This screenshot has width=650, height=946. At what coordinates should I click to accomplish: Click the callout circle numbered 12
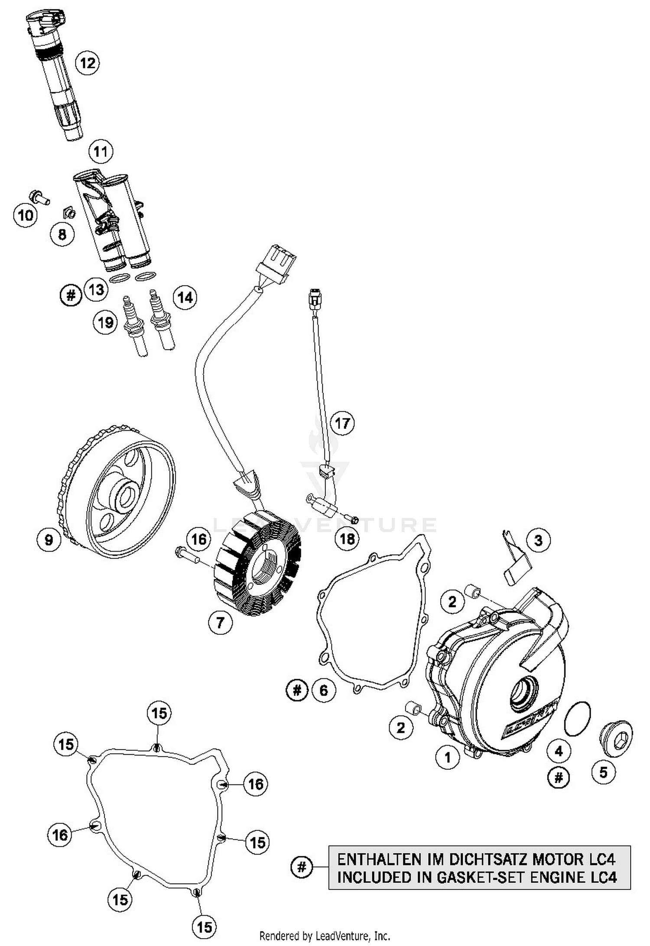pyautogui.click(x=87, y=63)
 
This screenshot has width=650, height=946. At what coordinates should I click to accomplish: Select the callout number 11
pyautogui.click(x=101, y=152)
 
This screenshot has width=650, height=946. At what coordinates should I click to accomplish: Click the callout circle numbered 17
pyautogui.click(x=342, y=423)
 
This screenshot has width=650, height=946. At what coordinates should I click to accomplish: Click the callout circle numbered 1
pyautogui.click(x=447, y=757)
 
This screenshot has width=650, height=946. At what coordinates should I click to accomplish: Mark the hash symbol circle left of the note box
pyautogui.click(x=302, y=867)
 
